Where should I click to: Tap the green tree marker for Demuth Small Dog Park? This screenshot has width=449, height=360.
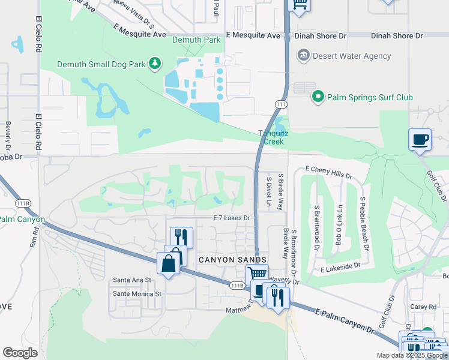155,64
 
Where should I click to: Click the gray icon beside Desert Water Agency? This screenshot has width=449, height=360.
304,56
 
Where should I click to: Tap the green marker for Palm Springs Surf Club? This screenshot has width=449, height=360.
317,96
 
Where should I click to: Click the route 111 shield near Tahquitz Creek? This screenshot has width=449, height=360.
280,104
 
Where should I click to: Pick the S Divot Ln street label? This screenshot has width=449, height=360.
269,191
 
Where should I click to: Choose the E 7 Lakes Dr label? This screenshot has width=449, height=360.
231,218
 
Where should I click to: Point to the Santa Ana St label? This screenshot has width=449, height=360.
132,280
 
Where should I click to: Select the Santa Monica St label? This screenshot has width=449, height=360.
137,294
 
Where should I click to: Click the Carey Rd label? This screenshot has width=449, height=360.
424,307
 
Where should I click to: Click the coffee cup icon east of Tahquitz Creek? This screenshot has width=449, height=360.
420,140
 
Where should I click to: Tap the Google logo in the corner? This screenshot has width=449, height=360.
20,352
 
